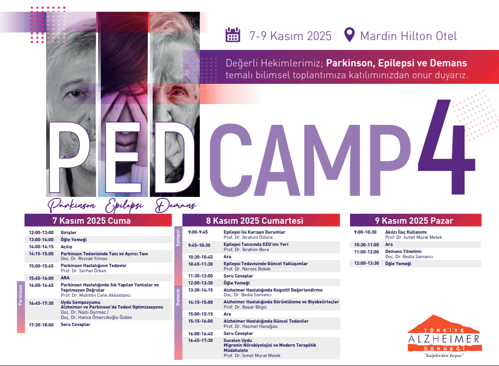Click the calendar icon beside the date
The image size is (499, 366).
click(x=233, y=35)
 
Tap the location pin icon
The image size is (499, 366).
click(x=350, y=35)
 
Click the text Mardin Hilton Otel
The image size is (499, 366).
click(x=409, y=36)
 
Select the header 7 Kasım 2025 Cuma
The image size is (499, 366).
click(x=92, y=220)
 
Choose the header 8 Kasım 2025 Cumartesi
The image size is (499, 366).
click(x=254, y=220)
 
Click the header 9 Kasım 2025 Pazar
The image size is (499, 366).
click(x=414, y=220)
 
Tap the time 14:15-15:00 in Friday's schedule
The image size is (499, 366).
click(x=41, y=253)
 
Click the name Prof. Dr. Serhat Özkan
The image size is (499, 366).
click(x=83, y=271)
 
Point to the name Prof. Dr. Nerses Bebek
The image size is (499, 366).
click(x=247, y=269)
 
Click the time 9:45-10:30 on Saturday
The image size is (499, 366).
click(x=199, y=245)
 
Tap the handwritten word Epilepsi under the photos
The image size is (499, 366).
click(x=124, y=205)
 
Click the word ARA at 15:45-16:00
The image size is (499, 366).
click(x=65, y=278)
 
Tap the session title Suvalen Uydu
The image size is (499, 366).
click(x=237, y=340)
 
